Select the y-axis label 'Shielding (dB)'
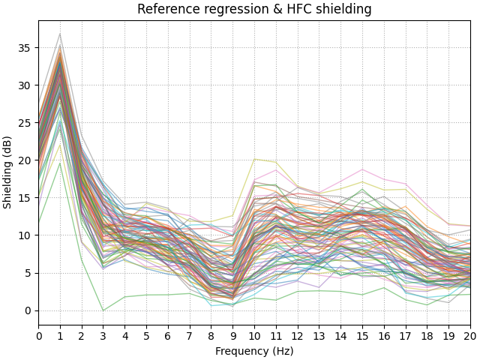point(8,172)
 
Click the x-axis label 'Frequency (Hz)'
point(254,351)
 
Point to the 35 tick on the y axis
point(25,47)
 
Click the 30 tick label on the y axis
point(25,85)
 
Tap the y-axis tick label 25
point(25,122)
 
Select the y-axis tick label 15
point(25,198)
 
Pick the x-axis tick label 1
point(61,336)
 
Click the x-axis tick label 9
point(233,336)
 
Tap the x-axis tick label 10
point(254,336)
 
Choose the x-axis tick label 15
point(362,336)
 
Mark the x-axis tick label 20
point(470,336)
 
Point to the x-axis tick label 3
point(103,336)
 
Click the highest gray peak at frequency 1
point(61,34)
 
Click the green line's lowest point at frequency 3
point(103,310)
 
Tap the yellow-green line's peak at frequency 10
point(254,159)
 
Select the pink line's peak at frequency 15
point(362,169)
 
